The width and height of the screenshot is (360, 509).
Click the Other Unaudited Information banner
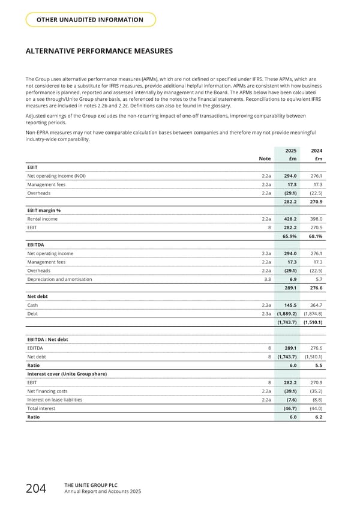click(x=91, y=20)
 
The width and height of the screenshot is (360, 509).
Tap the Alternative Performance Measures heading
click(x=99, y=52)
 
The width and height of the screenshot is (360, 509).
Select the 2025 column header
click(x=290, y=150)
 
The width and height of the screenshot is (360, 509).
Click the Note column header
click(x=264, y=158)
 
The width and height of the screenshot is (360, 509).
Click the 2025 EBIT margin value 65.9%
click(x=290, y=236)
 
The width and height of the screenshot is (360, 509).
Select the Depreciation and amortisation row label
click(x=59, y=280)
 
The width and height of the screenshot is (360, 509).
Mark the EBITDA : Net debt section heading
click(x=47, y=339)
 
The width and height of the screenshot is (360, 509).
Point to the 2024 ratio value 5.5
click(x=319, y=365)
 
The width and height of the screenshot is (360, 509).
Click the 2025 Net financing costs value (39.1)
click(x=289, y=391)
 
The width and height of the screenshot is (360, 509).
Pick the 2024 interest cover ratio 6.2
click(x=319, y=417)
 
